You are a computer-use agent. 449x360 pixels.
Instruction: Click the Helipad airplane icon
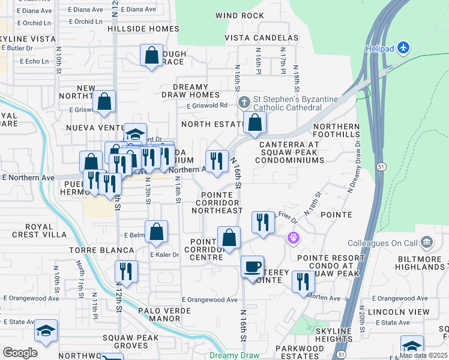[404, 47]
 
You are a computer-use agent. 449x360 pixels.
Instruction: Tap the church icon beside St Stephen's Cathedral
[245, 101]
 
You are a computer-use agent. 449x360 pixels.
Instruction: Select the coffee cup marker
[252, 266]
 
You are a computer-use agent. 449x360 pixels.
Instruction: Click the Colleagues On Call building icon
[427, 243]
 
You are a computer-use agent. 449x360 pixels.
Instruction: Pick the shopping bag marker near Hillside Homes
[152, 55]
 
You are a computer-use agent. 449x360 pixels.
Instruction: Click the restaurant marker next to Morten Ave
[303, 281]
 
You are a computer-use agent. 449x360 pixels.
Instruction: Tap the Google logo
[19, 353]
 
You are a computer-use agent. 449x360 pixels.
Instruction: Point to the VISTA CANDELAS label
[261, 38]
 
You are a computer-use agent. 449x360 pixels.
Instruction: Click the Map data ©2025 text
[423, 355]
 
